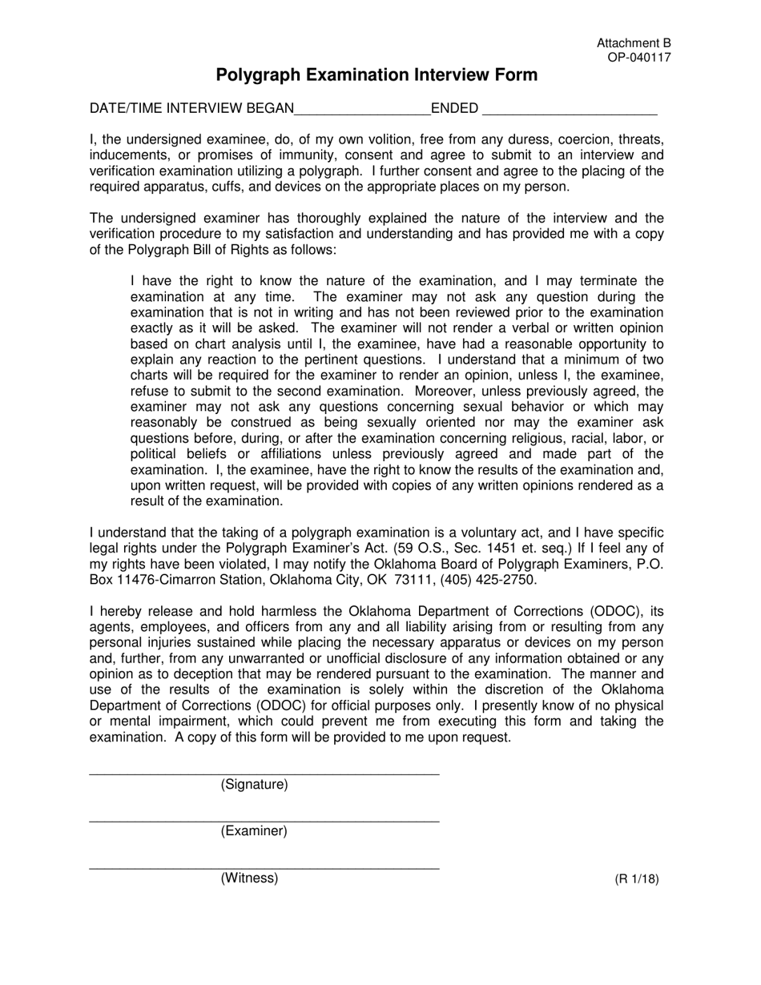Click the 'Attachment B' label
pyautogui.click(x=634, y=43)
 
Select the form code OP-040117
pyautogui.click(x=639, y=57)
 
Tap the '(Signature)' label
pyautogui.click(x=254, y=784)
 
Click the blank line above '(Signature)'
pyautogui.click(x=264, y=774)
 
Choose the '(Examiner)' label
pyautogui.click(x=254, y=831)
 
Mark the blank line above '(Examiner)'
pyautogui.click(x=264, y=821)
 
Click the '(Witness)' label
pyautogui.click(x=249, y=878)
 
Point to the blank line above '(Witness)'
pyautogui.click(x=264, y=868)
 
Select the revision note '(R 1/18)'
pyautogui.click(x=637, y=878)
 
